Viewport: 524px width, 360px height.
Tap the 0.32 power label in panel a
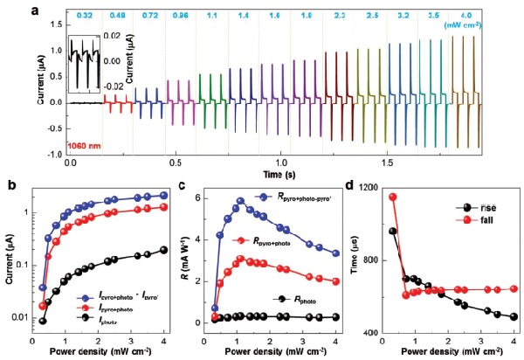[x=85, y=16]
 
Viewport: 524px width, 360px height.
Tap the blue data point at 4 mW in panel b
[x=162, y=196]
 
